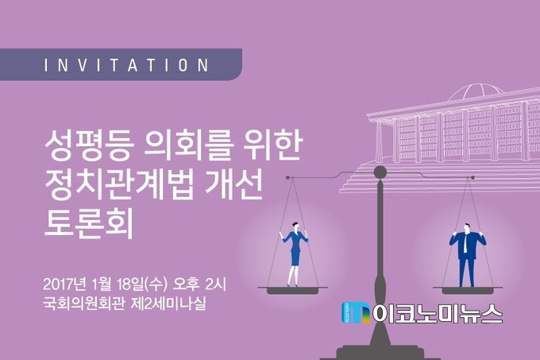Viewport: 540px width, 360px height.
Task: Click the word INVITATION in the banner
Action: click(126, 65)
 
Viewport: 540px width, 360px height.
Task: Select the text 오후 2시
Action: click(199, 285)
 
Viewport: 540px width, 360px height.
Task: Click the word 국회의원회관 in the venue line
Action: click(83, 304)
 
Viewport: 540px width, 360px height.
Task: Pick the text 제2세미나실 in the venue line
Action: click(168, 304)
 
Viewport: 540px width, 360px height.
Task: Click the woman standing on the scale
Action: click(294, 254)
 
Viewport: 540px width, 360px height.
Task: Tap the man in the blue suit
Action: click(467, 255)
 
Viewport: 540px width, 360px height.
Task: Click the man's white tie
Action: click(465, 242)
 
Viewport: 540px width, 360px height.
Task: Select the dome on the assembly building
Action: click(476, 92)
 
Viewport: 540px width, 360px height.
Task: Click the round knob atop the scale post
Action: click(380, 172)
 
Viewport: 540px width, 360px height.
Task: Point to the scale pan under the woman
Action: click(293, 290)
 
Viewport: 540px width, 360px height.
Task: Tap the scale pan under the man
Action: click(467, 290)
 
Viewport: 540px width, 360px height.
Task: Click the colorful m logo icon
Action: click(356, 313)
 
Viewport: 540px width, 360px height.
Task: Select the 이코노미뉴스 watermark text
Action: click(438, 313)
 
